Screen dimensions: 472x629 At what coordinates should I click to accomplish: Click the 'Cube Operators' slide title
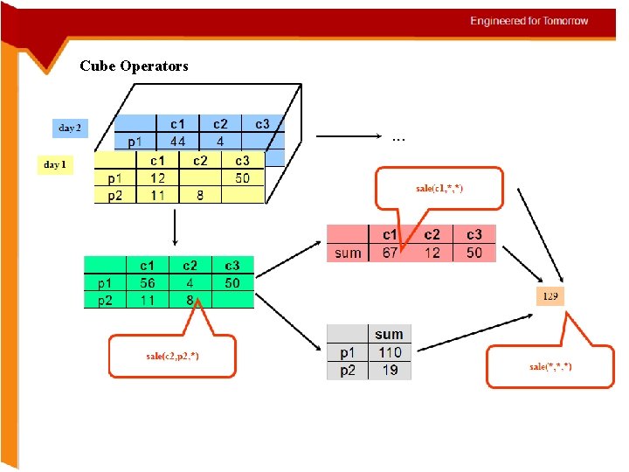click(134, 66)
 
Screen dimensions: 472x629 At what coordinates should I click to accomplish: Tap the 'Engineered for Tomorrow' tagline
click(529, 21)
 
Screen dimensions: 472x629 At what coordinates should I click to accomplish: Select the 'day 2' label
click(70, 128)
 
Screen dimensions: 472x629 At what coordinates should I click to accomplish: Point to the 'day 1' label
click(56, 164)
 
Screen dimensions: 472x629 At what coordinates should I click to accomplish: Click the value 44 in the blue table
click(177, 141)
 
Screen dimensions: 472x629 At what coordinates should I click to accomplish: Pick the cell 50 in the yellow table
click(242, 178)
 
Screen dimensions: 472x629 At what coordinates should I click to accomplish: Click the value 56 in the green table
click(147, 283)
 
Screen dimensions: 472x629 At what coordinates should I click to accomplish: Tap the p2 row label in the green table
click(105, 300)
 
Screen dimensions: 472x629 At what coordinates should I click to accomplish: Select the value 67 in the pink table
click(390, 253)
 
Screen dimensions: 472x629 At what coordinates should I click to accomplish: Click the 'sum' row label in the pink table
click(348, 253)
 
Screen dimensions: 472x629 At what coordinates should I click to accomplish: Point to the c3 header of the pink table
click(473, 234)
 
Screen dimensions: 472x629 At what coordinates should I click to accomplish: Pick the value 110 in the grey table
click(389, 352)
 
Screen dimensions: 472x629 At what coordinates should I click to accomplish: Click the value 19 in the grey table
click(389, 370)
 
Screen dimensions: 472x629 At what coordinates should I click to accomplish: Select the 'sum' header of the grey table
click(389, 334)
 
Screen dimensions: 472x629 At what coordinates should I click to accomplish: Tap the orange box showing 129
click(550, 296)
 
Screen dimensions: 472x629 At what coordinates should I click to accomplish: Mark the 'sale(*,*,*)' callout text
click(550, 367)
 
